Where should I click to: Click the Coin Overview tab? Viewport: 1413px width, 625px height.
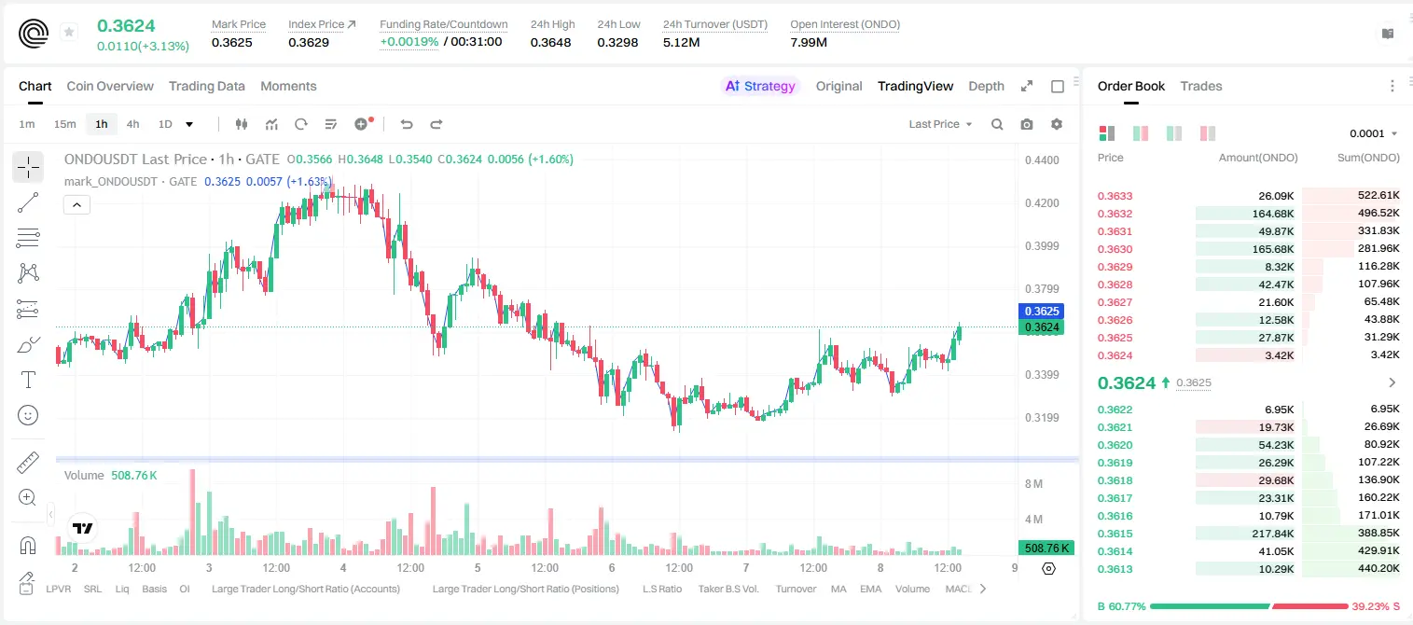[110, 86]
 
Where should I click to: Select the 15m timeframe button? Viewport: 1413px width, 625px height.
[64, 124]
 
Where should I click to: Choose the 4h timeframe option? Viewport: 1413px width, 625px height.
[132, 124]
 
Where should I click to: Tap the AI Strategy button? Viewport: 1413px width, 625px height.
[760, 86]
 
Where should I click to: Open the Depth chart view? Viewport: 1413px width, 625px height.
[986, 86]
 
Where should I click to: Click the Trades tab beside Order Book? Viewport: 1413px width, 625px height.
[1201, 86]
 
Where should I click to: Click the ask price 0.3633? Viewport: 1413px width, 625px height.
[1115, 196]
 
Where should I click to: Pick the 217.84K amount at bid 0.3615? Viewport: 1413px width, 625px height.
[1273, 534]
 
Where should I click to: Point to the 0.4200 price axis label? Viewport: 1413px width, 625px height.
[1042, 203]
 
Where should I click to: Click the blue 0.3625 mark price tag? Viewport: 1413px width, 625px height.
[1042, 311]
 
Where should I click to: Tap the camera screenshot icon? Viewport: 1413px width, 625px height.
[1027, 124]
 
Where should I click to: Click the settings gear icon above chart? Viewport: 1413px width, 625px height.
[1057, 124]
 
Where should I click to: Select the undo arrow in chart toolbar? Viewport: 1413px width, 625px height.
[407, 124]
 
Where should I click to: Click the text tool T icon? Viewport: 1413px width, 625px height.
[28, 380]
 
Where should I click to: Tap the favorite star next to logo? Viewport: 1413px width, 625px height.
[69, 32]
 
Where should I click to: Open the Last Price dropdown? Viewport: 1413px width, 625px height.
[940, 124]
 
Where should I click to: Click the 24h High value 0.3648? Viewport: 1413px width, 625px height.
[550, 42]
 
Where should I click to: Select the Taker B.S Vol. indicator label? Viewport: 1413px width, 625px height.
[727, 589]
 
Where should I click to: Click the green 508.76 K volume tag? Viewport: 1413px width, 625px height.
[1046, 549]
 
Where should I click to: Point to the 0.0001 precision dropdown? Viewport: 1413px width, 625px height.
[1373, 133]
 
